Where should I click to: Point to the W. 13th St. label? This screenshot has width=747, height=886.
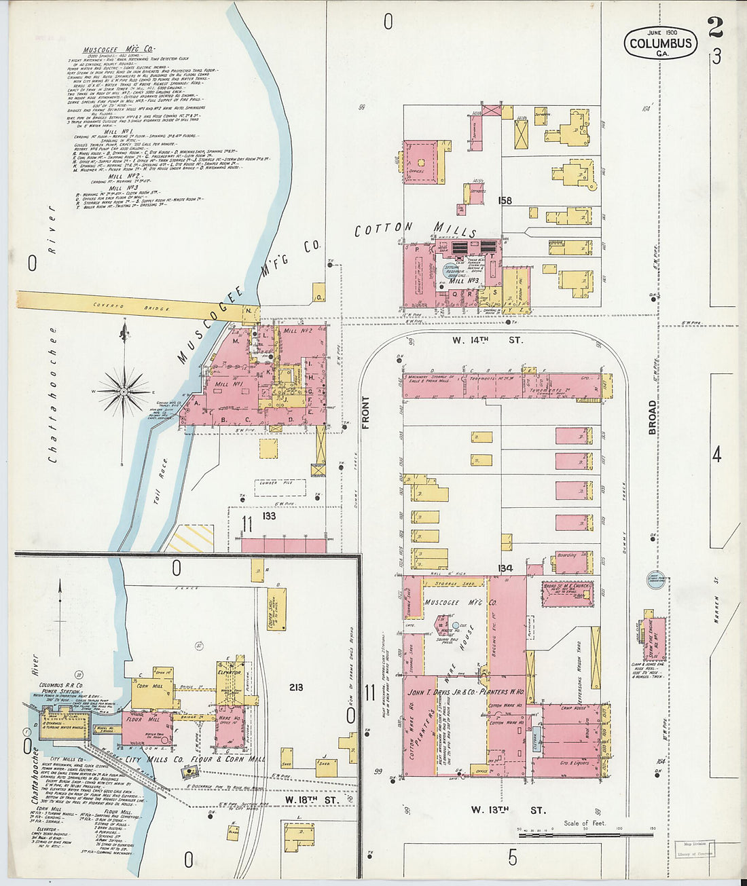(x=509, y=810)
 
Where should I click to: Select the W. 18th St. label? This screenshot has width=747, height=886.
(x=312, y=800)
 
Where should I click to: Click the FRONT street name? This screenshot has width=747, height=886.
(x=366, y=413)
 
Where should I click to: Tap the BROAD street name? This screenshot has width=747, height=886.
(x=653, y=418)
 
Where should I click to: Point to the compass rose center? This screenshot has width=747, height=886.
(x=124, y=392)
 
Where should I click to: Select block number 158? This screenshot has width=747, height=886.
(x=504, y=200)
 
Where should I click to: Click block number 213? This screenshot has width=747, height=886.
(x=296, y=687)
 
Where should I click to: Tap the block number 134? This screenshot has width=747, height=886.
(x=505, y=568)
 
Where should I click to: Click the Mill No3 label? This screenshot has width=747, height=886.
(x=464, y=280)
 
